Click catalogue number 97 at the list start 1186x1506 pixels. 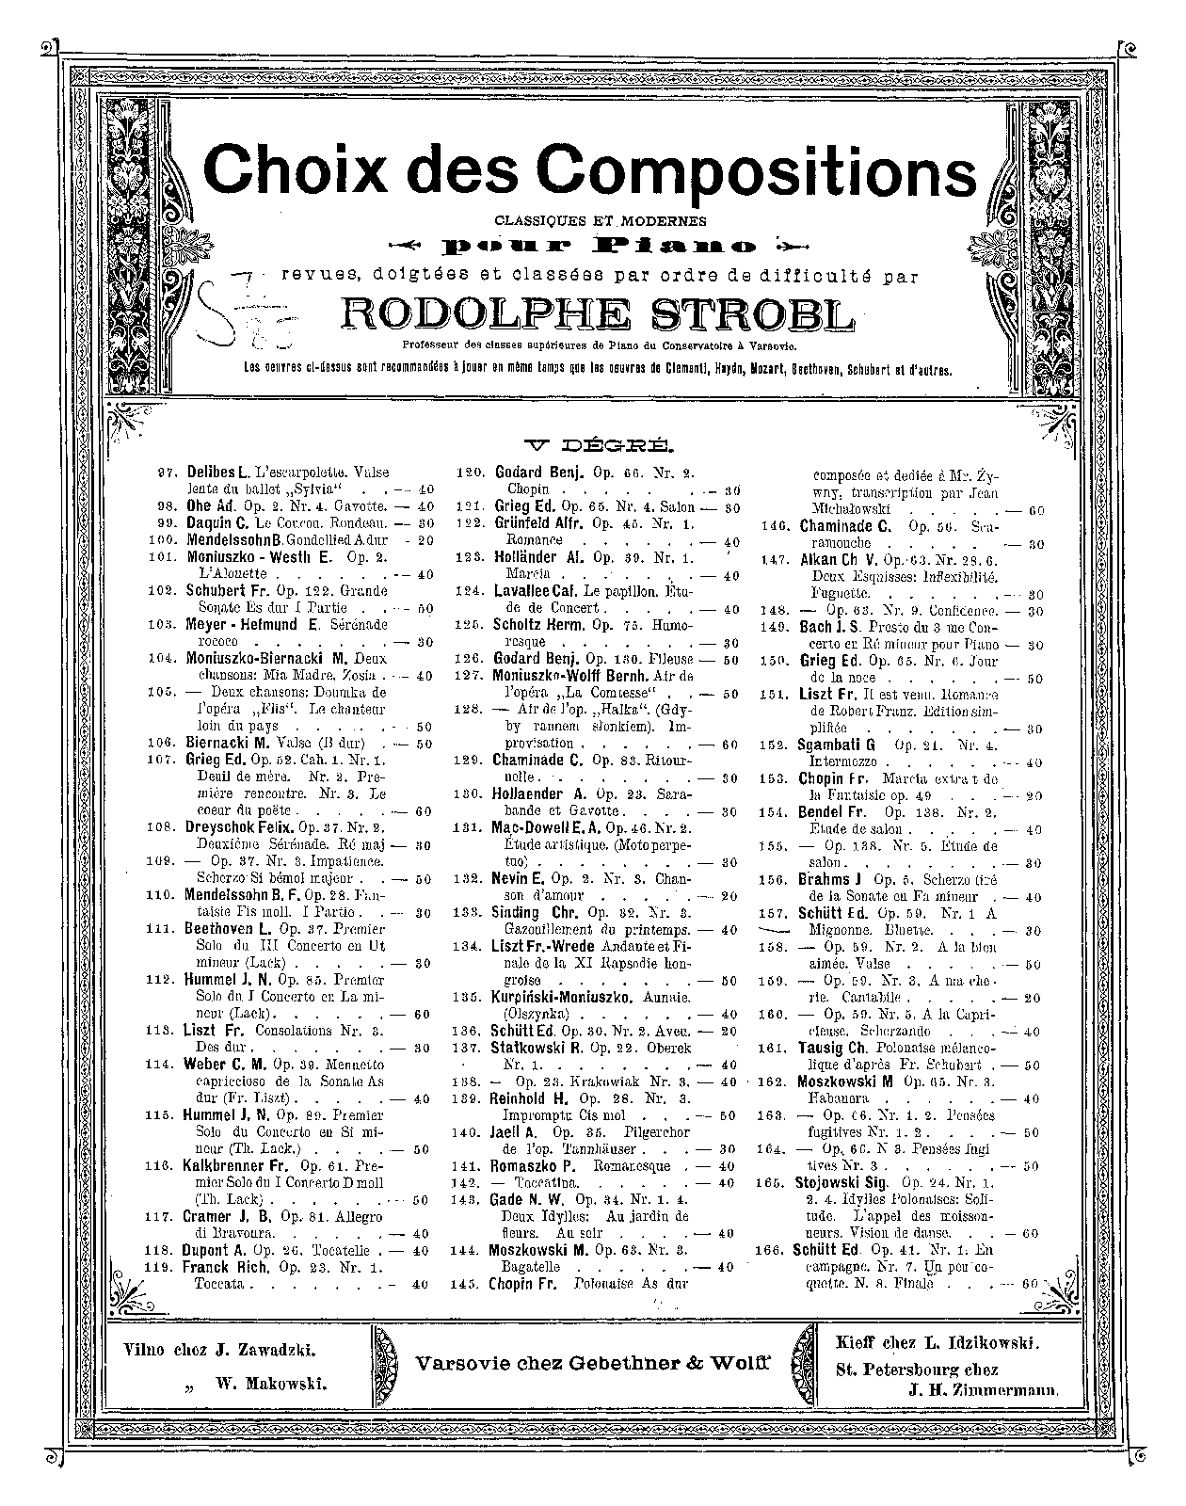coord(170,473)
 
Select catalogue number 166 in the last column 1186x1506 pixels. coord(772,1250)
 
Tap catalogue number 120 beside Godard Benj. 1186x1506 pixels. coord(469,473)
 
